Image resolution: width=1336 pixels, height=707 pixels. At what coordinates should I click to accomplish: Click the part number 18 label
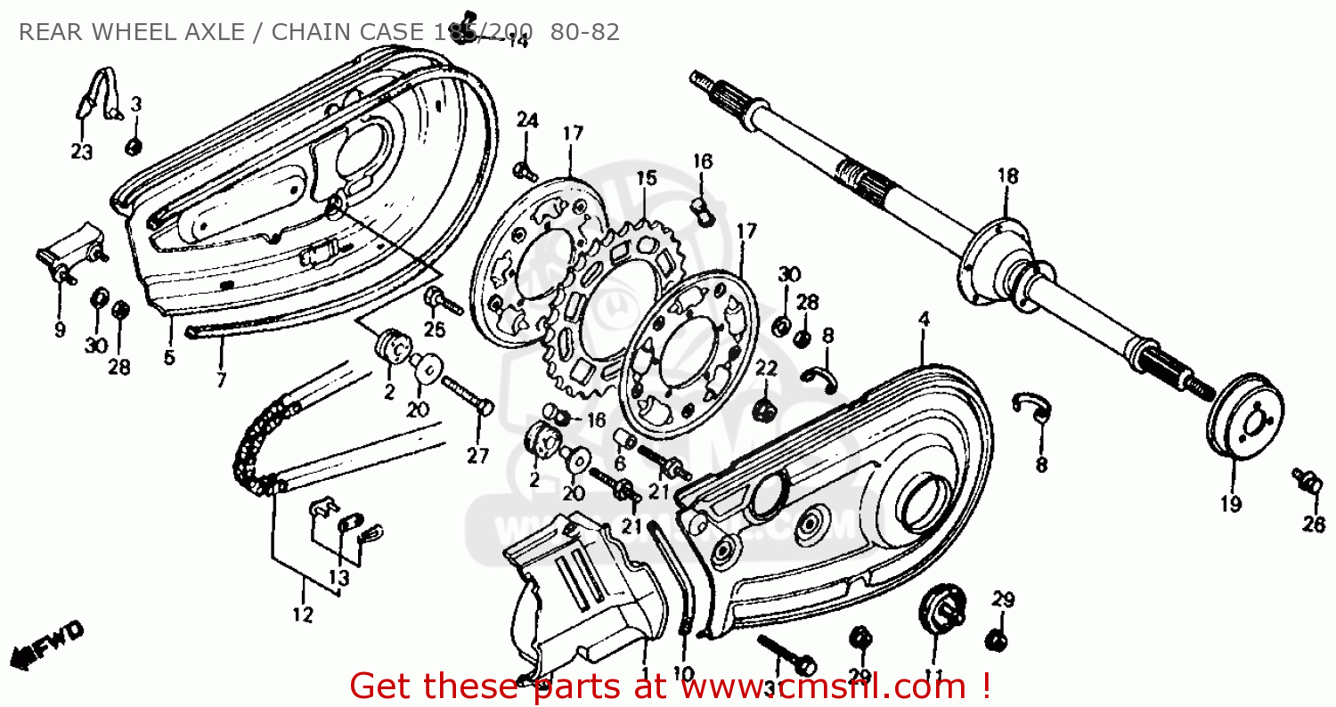click(1007, 176)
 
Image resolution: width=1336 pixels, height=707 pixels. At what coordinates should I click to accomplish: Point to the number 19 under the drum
click(1231, 504)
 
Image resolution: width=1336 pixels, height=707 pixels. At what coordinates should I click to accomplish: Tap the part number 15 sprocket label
click(647, 178)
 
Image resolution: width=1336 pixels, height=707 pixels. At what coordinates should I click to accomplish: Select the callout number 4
click(924, 318)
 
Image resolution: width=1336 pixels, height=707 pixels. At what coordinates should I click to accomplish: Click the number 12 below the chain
click(303, 614)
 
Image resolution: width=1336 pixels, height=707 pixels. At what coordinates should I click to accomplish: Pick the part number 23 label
click(82, 152)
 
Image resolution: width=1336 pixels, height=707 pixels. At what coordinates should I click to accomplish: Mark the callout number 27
click(478, 456)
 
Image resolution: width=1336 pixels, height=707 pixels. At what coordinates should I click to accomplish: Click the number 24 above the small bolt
click(527, 120)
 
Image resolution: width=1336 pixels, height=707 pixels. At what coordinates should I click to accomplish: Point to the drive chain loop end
click(254, 454)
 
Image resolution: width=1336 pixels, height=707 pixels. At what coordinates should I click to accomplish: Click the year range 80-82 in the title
click(585, 33)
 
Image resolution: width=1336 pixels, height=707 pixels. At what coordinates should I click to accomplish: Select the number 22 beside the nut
click(767, 368)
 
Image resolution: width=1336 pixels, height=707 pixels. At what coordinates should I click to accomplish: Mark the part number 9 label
click(60, 329)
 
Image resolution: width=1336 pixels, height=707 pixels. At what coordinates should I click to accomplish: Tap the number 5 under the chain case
click(169, 358)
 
